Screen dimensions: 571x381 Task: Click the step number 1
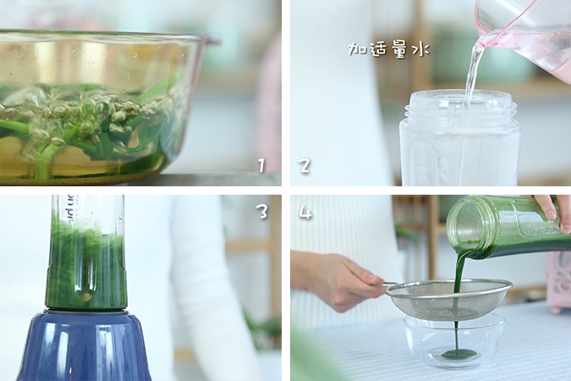tap(261, 166)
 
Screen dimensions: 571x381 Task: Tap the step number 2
tap(305, 166)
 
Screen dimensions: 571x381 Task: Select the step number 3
tap(262, 211)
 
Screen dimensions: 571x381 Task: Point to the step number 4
tap(305, 212)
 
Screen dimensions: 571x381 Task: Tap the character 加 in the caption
tap(356, 49)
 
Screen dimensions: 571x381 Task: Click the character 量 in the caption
tap(399, 49)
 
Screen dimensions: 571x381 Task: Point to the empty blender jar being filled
tap(460, 139)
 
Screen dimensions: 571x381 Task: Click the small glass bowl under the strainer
tap(453, 341)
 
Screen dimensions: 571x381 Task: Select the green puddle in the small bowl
tap(458, 354)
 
